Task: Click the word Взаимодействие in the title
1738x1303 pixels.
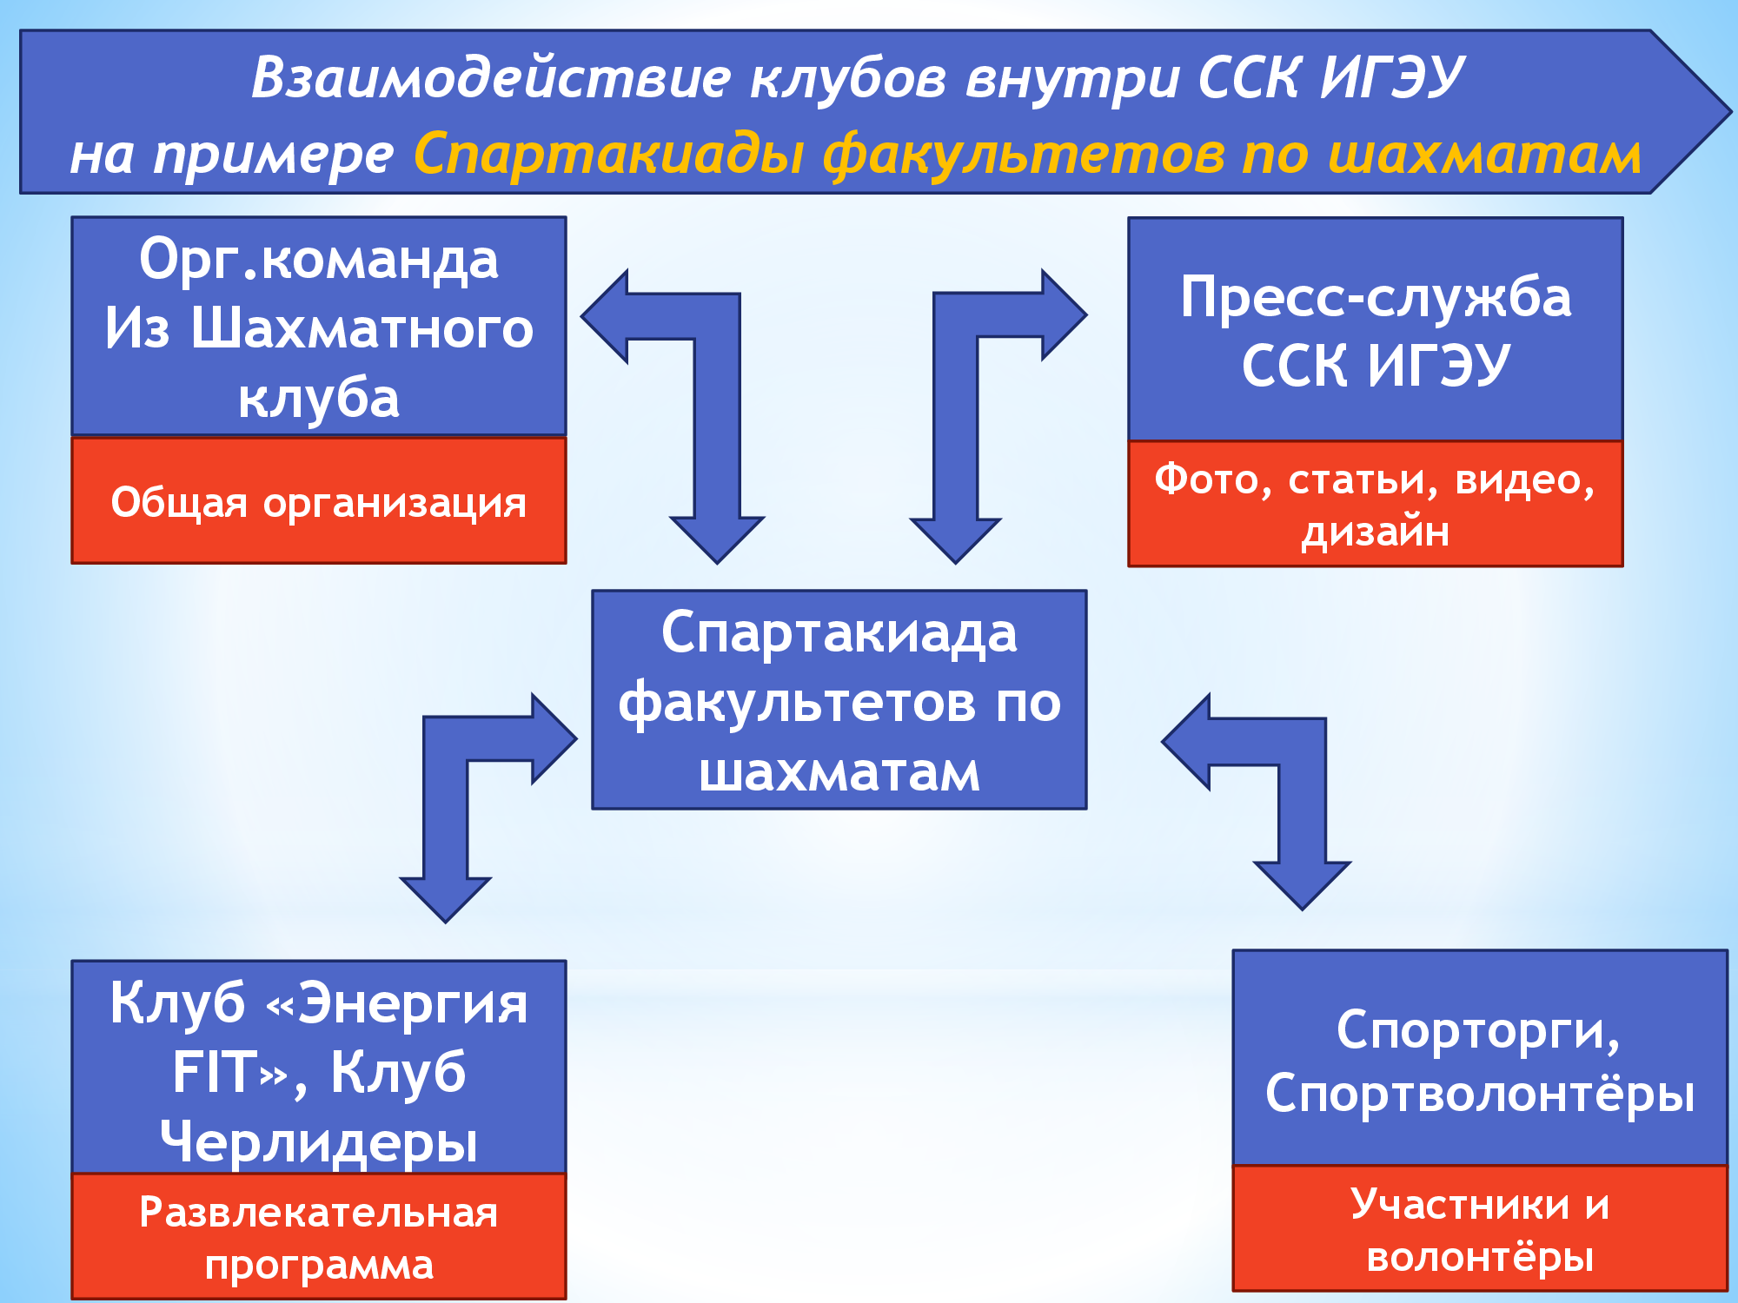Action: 491,78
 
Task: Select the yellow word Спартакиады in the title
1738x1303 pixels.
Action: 609,156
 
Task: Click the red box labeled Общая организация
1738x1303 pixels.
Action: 319,500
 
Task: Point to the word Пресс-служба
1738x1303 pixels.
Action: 1376,297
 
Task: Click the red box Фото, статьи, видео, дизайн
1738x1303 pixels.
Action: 1376,504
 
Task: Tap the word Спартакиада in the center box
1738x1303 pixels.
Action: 839,634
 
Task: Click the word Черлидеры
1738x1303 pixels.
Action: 319,1141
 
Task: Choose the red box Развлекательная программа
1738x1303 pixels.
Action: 319,1236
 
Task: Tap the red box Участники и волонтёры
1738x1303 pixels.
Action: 1480,1228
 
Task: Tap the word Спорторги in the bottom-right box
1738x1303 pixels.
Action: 1478,1031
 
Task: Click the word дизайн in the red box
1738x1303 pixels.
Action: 1376,531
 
